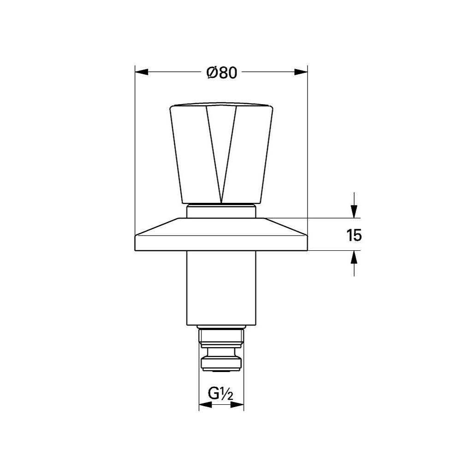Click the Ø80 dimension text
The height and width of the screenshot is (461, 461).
pyautogui.click(x=222, y=72)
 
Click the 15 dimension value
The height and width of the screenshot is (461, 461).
pyautogui.click(x=354, y=235)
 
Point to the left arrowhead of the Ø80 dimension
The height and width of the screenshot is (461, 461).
pyautogui.click(x=142, y=72)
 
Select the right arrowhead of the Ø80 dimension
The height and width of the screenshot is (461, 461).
pyautogui.click(x=301, y=72)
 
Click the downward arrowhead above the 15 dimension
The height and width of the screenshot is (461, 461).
pyautogui.click(x=354, y=211)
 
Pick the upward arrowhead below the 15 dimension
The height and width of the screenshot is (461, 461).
pyautogui.click(x=354, y=257)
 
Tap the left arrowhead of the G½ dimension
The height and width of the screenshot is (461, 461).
pyautogui.click(x=206, y=405)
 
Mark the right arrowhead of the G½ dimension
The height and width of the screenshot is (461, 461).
pyautogui.click(x=237, y=405)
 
